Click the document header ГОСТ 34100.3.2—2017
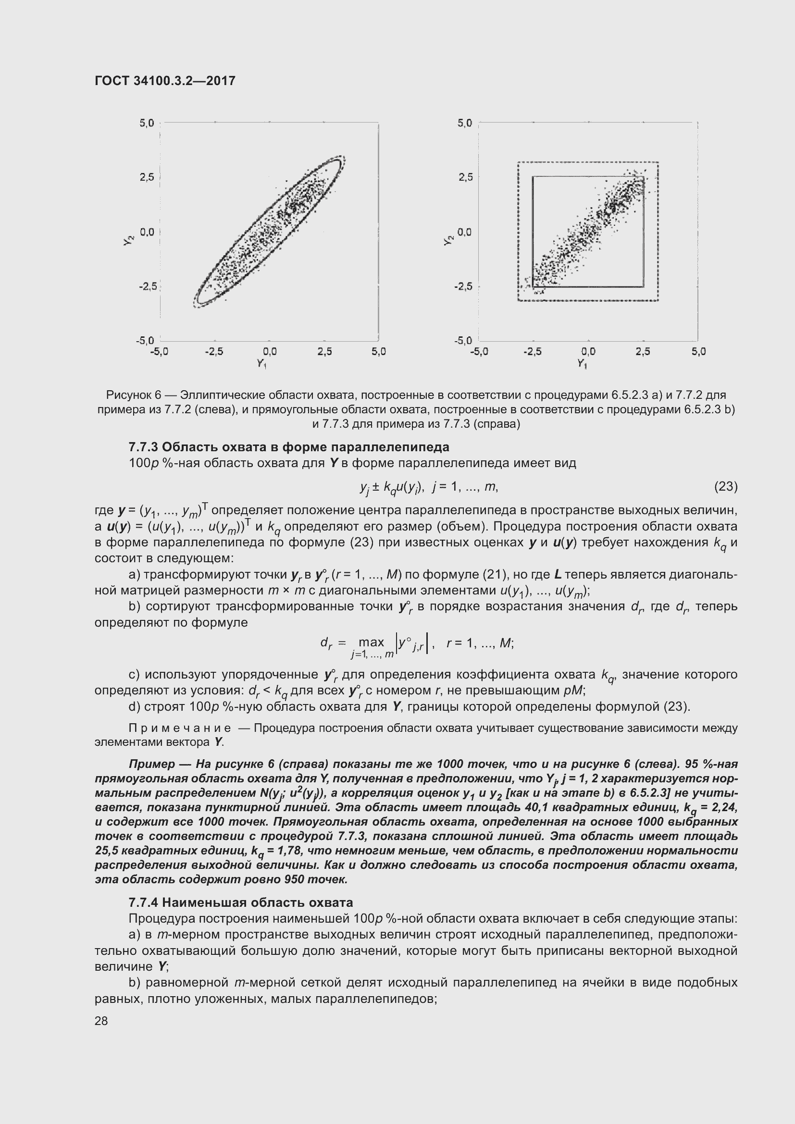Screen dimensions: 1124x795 [165, 81]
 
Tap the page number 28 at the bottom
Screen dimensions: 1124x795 [101, 1021]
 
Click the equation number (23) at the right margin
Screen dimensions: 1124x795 [725, 486]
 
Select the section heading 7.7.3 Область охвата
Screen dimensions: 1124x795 [289, 447]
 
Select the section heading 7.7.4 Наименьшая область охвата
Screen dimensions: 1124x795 [240, 902]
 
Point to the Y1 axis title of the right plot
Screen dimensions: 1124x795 [582, 364]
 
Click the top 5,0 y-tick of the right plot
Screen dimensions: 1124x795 [465, 123]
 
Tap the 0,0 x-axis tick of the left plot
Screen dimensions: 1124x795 [269, 351]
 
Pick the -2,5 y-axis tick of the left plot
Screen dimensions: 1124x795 [148, 286]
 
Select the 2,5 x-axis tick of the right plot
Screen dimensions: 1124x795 [643, 351]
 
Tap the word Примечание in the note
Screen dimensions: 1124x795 [180, 729]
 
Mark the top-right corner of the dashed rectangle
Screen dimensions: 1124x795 [658, 162]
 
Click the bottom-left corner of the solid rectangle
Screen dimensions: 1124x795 [533, 286]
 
